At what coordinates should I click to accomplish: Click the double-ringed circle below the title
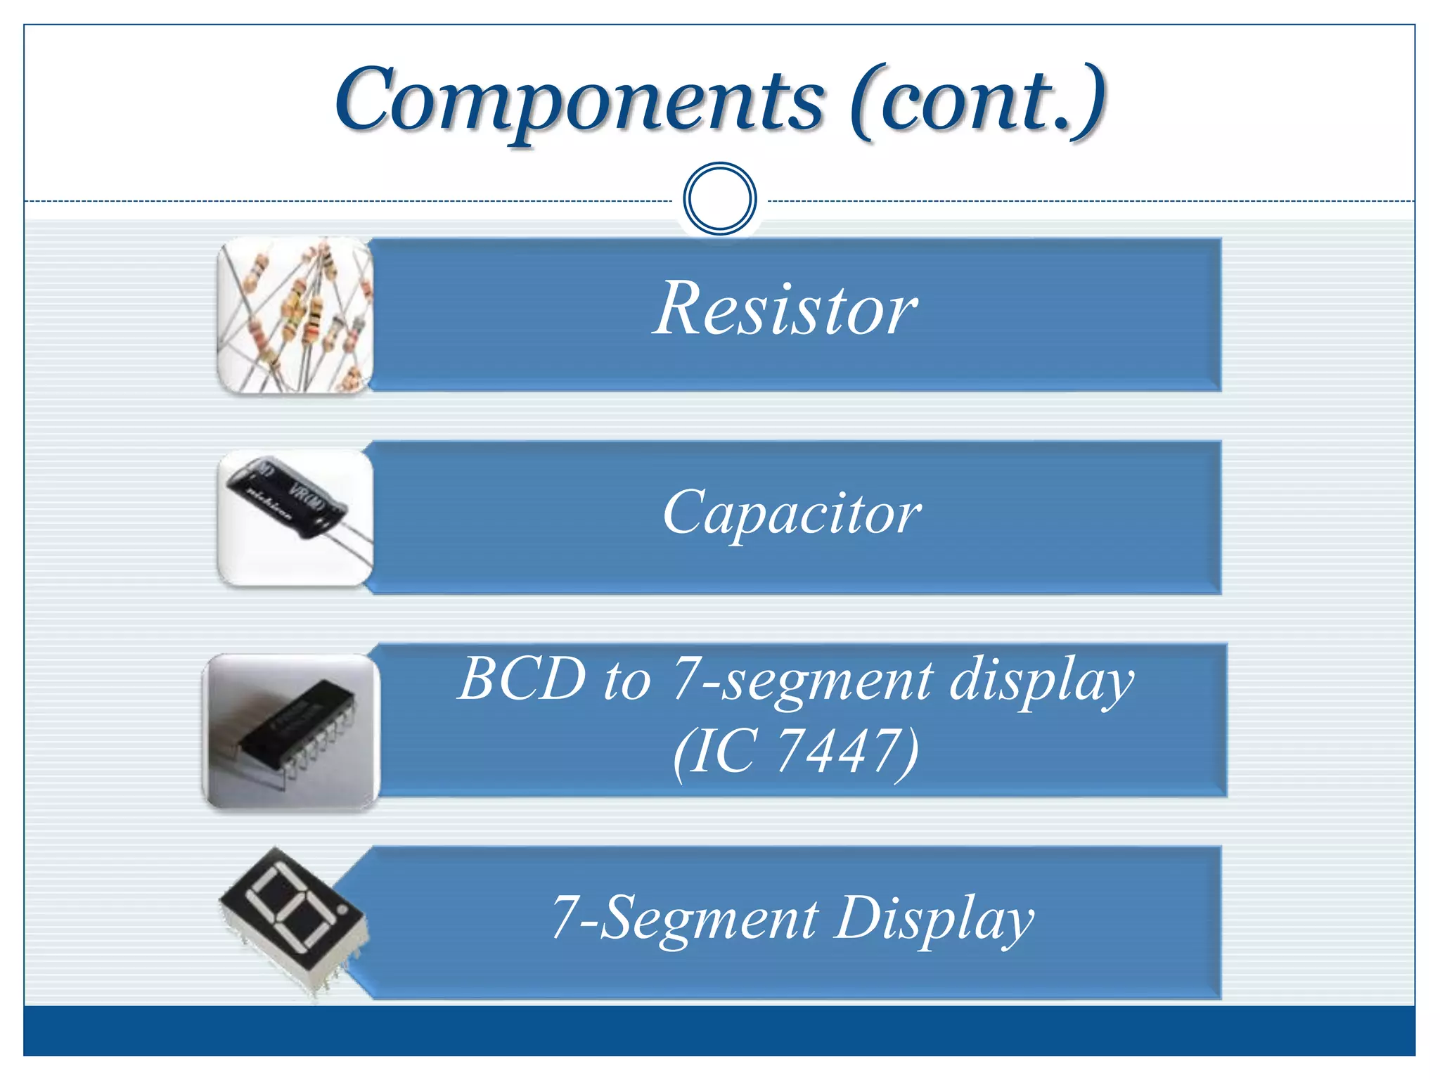[719, 198]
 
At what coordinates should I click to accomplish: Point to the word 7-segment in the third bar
[802, 681]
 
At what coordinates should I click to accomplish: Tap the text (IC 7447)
[795, 751]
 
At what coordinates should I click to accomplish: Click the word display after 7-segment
[1041, 681]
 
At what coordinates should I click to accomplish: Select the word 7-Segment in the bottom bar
[685, 918]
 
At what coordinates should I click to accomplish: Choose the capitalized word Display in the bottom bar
[934, 918]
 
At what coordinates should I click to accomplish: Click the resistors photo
[295, 315]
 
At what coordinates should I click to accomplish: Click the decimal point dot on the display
[342, 910]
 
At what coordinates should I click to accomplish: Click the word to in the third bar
[626, 681]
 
